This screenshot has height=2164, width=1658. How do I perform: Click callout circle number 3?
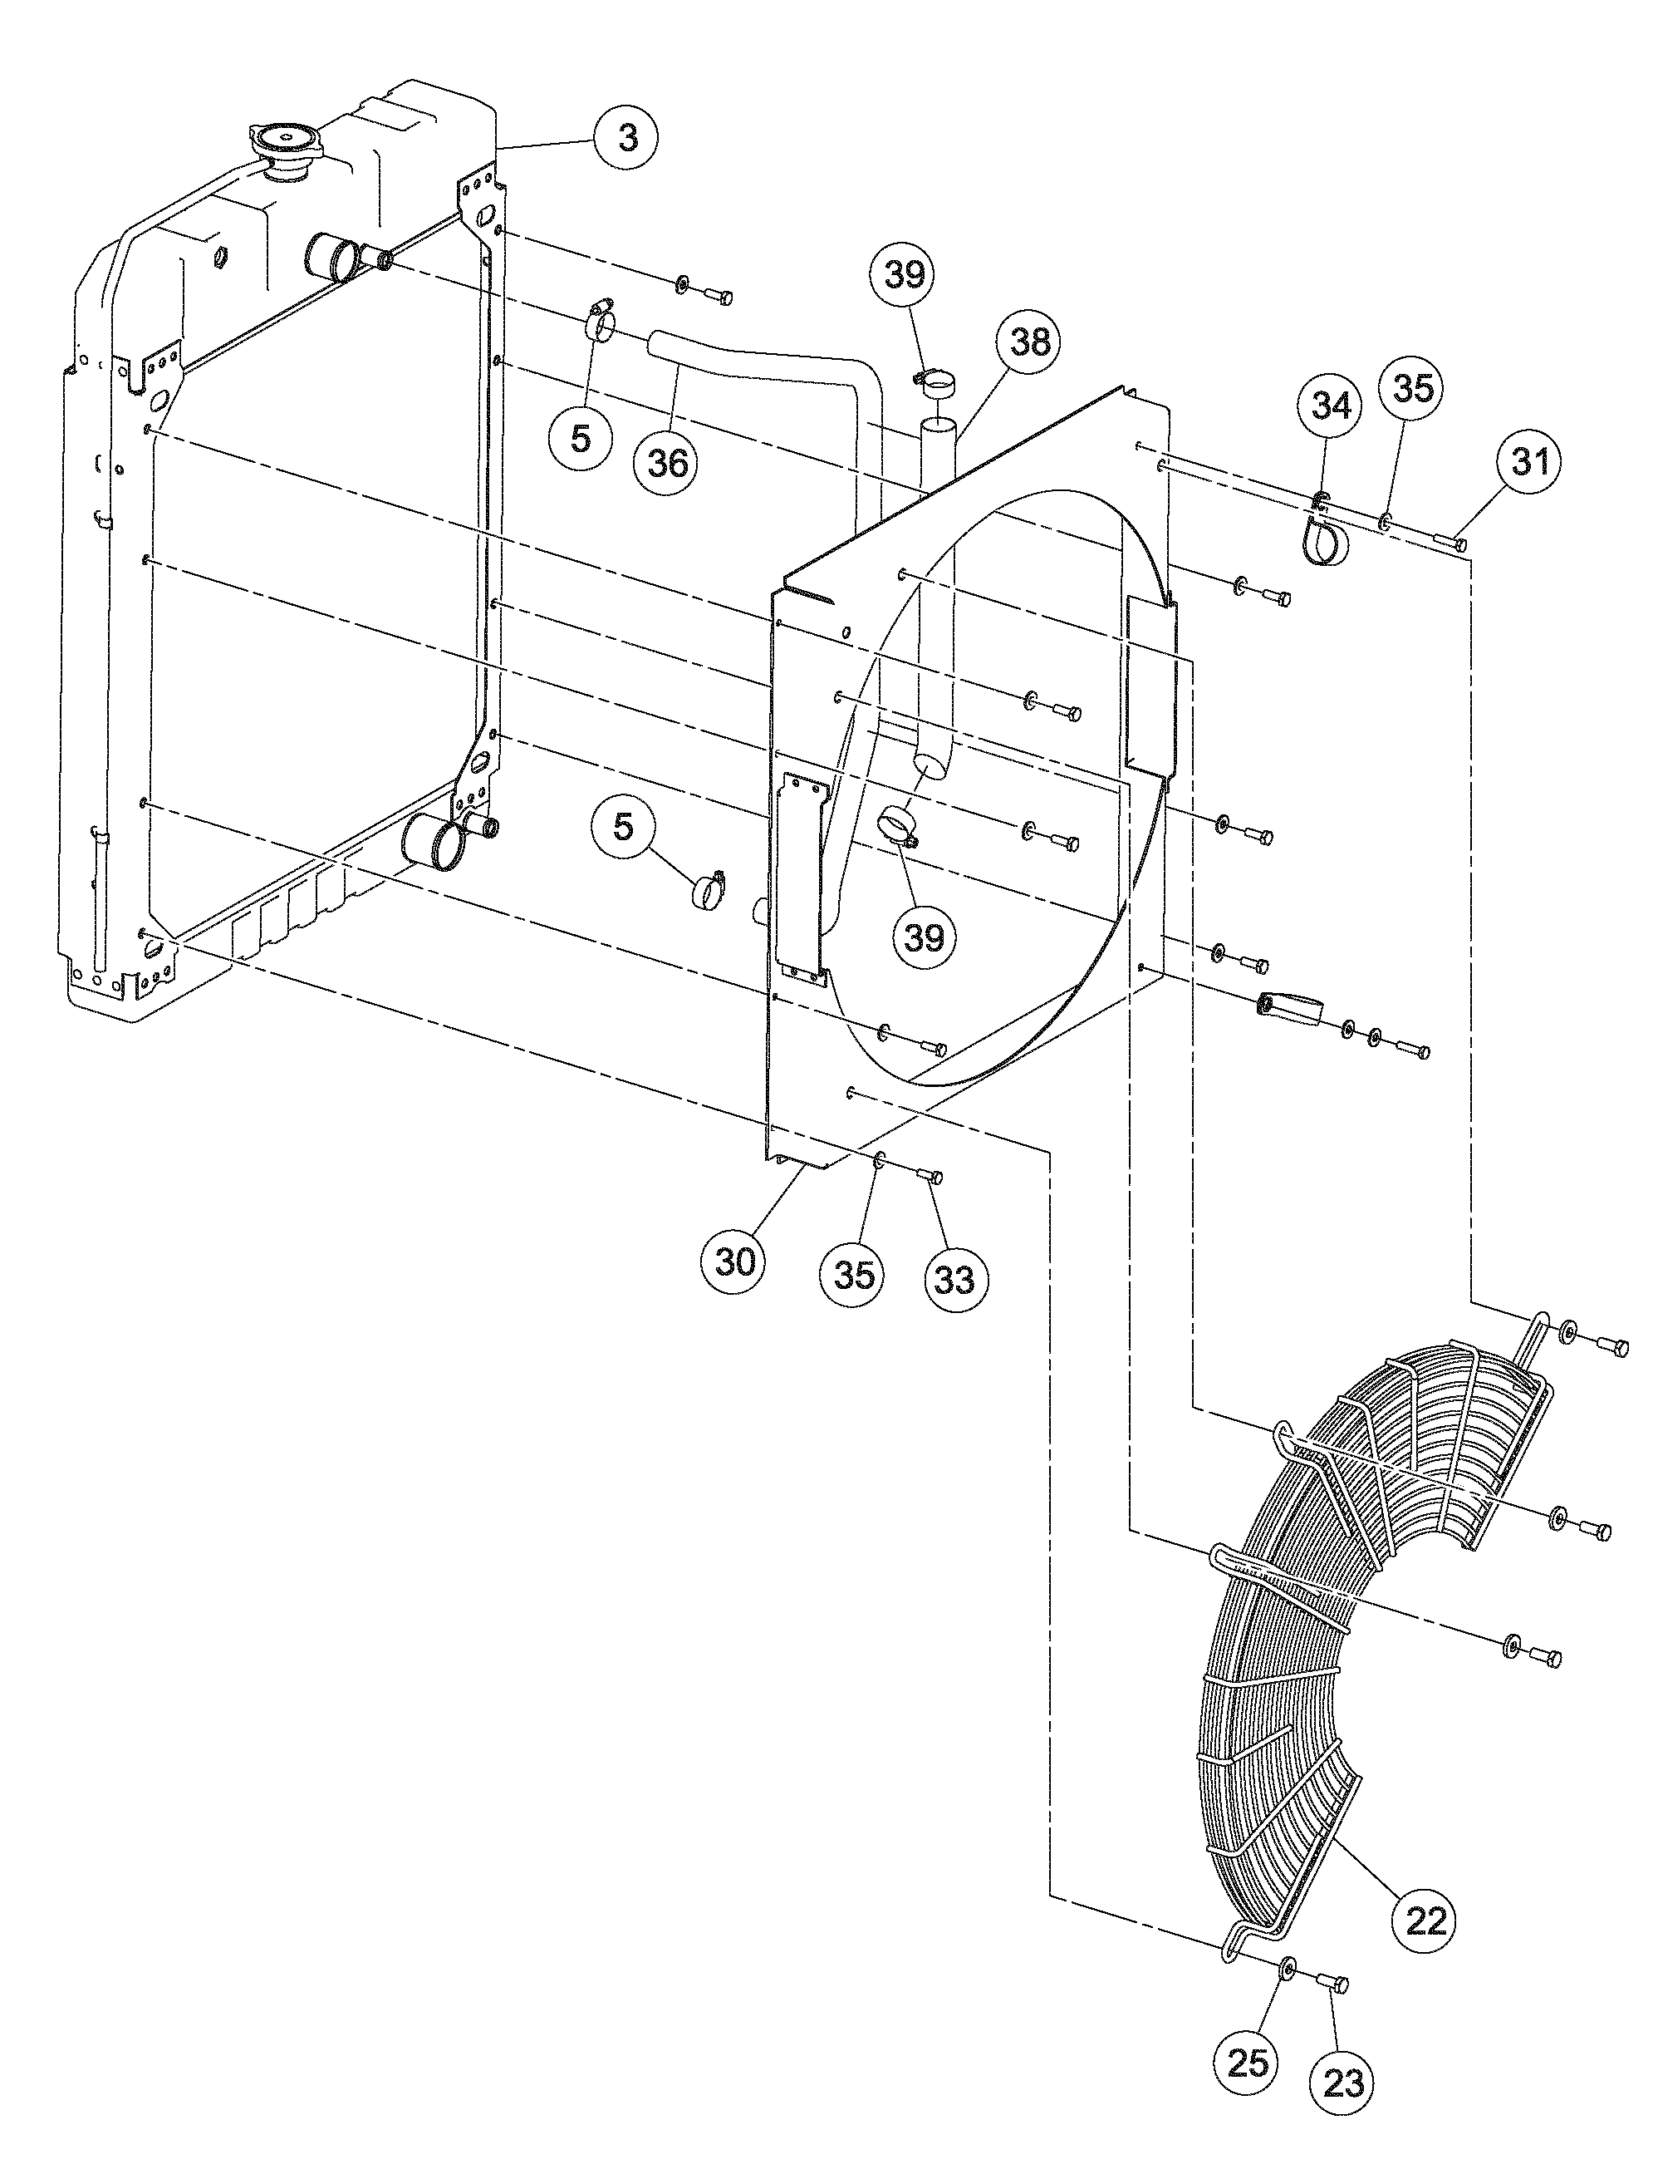click(x=628, y=138)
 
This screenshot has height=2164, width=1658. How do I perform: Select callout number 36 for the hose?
click(x=667, y=461)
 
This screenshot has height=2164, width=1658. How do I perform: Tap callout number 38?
click(x=1029, y=342)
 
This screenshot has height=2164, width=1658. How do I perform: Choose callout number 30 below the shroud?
click(x=735, y=1261)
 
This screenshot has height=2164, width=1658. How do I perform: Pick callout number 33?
click(x=954, y=1280)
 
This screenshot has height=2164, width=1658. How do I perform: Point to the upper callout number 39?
click(x=904, y=273)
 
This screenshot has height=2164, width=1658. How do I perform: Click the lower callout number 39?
click(x=924, y=937)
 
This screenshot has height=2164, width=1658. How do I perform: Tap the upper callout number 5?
click(x=581, y=437)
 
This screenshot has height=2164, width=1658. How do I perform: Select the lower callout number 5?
click(x=623, y=826)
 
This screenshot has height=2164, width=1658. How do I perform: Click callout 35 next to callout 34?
click(x=1411, y=388)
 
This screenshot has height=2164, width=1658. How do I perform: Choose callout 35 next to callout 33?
click(x=854, y=1275)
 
